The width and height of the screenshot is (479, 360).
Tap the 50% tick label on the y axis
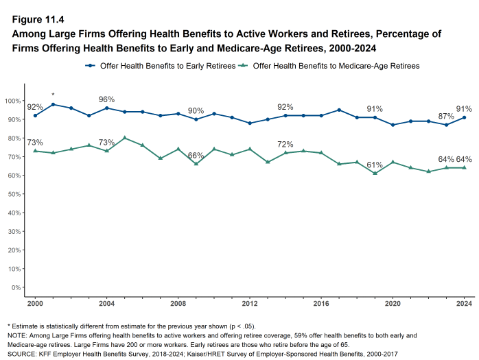coord(13,194)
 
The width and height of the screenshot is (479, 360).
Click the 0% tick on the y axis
coord(15,287)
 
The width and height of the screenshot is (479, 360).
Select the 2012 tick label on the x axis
coord(250,303)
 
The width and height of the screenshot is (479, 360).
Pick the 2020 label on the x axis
coord(393,303)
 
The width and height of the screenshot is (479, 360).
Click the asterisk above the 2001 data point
coord(53,95)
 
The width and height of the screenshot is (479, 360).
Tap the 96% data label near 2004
coord(106,99)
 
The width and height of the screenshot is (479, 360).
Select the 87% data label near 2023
coord(446,116)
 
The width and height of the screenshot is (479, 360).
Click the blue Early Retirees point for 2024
coord(465,117)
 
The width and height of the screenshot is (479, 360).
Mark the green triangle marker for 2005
coord(124,138)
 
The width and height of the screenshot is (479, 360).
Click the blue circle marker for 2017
coord(339,110)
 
